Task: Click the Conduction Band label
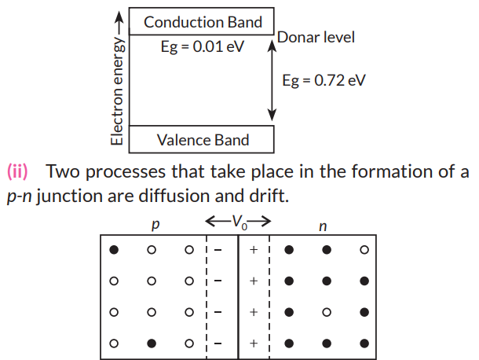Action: pyautogui.click(x=203, y=21)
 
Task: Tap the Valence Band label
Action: pyautogui.click(x=203, y=140)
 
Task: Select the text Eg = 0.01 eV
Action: pyautogui.click(x=203, y=46)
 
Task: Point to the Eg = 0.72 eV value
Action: pyautogui.click(x=324, y=80)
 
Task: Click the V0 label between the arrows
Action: pyautogui.click(x=237, y=222)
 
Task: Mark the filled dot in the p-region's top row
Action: pyautogui.click(x=115, y=251)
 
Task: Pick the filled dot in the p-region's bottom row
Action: pyautogui.click(x=151, y=343)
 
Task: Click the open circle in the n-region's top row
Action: pyautogui.click(x=363, y=251)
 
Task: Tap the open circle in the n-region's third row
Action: pyautogui.click(x=326, y=312)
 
